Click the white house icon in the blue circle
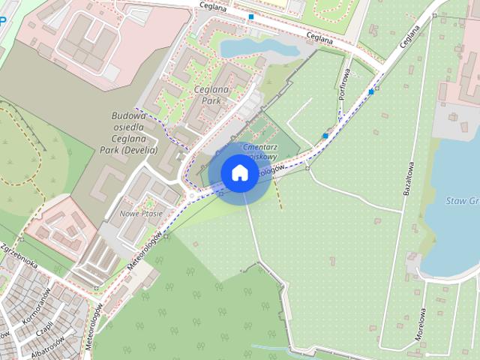[239, 172]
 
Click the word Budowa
[128, 116]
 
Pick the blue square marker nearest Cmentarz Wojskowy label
[325, 136]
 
